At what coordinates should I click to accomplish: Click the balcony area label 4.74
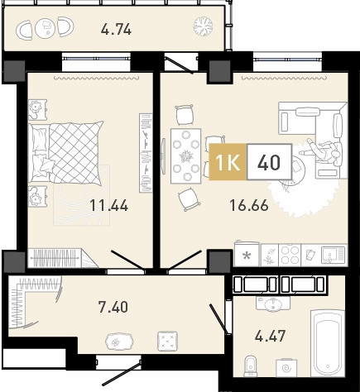click(x=116, y=29)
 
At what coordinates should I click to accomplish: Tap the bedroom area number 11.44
click(x=109, y=205)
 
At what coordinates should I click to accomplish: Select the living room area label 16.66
click(x=249, y=205)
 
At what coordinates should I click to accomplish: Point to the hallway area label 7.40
click(x=113, y=307)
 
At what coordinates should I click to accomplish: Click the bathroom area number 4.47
click(x=270, y=336)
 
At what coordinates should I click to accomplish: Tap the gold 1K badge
click(x=228, y=162)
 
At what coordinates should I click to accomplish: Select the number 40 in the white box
click(x=269, y=162)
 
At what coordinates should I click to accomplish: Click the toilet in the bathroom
click(x=251, y=366)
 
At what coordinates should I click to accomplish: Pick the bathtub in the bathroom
click(x=328, y=342)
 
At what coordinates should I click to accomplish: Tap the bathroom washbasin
click(x=273, y=304)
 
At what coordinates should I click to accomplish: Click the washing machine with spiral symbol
click(x=286, y=367)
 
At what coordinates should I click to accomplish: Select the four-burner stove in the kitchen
click(x=290, y=255)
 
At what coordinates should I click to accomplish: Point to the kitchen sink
click(x=334, y=255)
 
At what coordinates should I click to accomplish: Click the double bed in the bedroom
click(x=65, y=152)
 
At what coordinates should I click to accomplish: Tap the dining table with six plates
click(x=186, y=156)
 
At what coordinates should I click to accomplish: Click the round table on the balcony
click(x=45, y=28)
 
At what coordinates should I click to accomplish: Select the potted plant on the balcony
click(x=203, y=26)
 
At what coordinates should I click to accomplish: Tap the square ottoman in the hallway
click(x=167, y=341)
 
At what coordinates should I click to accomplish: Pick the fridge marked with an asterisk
click(x=247, y=254)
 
